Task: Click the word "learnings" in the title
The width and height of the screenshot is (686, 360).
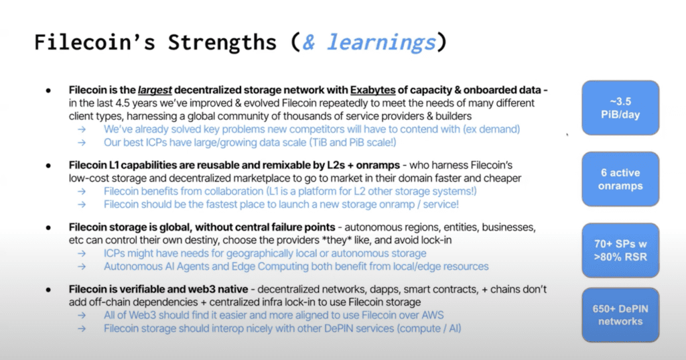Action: [381, 43]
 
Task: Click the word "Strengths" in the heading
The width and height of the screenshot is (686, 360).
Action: [222, 42]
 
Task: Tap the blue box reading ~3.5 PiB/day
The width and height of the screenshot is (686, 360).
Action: [620, 108]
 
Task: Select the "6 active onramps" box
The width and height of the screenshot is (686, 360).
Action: [620, 179]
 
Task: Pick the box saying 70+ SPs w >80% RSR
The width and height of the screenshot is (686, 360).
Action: [620, 250]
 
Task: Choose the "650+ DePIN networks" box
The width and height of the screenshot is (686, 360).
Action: [620, 315]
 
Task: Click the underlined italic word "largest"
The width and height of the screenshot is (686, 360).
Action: [155, 91]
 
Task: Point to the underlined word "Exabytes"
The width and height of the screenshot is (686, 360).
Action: [372, 91]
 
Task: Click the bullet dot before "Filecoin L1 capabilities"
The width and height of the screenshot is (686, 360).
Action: [48, 166]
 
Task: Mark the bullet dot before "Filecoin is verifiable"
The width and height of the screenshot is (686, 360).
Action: [48, 290]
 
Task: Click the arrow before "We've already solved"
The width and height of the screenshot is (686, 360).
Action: [82, 129]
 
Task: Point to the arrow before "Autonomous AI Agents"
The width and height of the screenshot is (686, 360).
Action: [82, 267]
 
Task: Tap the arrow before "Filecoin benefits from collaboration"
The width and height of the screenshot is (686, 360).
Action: [82, 191]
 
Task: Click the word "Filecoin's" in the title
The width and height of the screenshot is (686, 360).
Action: [94, 42]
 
